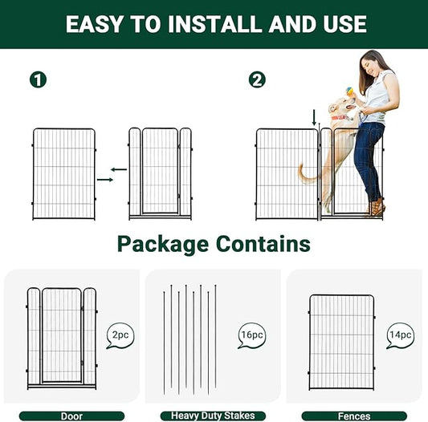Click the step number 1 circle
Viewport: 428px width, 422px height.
(38, 79)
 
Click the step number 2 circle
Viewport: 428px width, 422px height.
(257, 79)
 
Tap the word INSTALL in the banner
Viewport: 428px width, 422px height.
(205, 24)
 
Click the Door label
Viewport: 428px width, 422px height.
(71, 416)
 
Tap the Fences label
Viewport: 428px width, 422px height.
(355, 416)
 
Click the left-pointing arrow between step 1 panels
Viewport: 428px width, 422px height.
(119, 169)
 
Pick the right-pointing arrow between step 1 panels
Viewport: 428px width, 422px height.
(105, 180)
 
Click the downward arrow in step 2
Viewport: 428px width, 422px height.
(315, 118)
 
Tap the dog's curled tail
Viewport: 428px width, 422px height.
(305, 172)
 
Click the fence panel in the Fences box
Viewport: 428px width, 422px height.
(341, 342)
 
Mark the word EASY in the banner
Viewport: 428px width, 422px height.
(95, 24)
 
